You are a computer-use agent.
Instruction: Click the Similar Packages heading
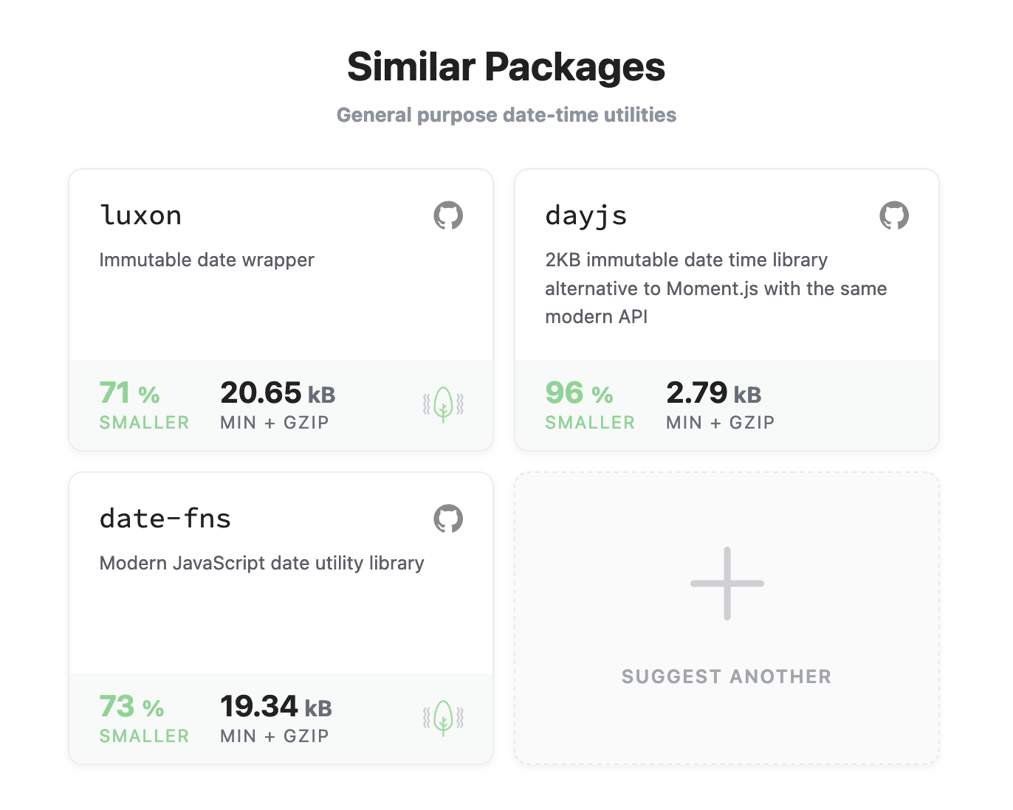506,67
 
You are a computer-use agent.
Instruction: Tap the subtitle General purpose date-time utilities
506,115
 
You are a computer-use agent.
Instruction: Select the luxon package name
140,215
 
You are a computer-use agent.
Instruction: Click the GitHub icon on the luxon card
448,215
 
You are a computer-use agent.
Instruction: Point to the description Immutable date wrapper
207,260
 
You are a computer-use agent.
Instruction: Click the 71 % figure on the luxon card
129,393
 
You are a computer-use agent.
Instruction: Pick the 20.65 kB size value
278,393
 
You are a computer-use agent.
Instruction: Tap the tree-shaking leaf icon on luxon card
443,404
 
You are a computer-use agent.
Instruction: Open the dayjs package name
586,215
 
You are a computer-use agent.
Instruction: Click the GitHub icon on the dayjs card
894,215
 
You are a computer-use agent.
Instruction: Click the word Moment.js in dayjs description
712,288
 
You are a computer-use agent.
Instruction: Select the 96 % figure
579,393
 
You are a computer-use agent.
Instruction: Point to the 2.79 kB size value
713,393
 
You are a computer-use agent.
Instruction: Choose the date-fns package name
165,519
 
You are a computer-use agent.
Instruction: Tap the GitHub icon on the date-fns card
448,519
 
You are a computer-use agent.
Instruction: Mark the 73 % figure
131,707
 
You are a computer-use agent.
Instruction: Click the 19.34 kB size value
276,707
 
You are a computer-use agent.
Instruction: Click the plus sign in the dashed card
727,584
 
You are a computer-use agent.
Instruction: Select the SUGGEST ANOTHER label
727,676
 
